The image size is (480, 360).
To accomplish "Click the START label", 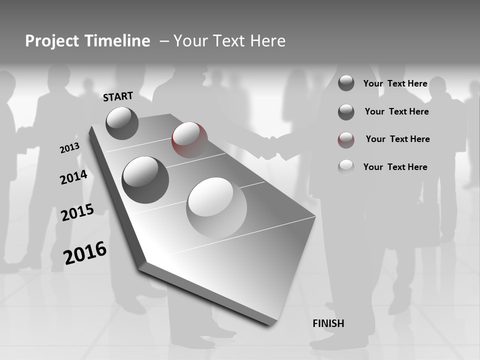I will pos(118,96).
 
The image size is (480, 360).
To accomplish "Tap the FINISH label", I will pos(328,323).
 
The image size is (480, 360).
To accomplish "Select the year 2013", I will pos(69,148).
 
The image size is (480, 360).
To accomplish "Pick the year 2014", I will pos(73,177).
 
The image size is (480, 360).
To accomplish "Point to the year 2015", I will pos(77,212).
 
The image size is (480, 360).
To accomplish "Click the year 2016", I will pos(85,252).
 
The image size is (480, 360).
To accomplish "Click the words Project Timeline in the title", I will pos(87,41).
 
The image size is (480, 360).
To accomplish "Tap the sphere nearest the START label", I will pos(122,123).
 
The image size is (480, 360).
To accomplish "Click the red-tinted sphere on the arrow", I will pos(189,139).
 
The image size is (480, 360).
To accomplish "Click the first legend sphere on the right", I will pos(346,83).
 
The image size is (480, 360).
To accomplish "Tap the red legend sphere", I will pos(346,139).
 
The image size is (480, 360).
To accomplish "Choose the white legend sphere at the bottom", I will pos(346,167).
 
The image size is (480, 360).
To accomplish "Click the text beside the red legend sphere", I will pos(397,139).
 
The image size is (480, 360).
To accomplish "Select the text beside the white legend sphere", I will pos(395,167).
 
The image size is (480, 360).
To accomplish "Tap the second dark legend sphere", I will pos(346,112).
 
